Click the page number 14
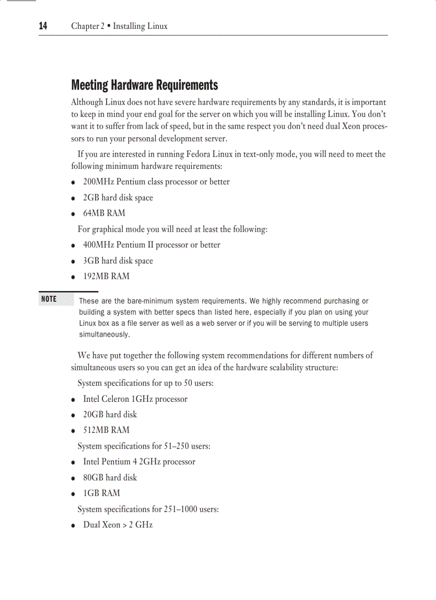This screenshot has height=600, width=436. point(43,26)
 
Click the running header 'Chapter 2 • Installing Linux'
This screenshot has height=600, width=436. point(119,26)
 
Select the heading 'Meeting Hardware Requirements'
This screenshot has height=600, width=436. point(144,85)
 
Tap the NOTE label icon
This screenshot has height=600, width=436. point(49,299)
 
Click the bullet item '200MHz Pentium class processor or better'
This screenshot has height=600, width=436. point(156,182)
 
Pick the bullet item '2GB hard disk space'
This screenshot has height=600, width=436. point(118,198)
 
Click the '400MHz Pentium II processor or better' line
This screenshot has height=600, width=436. point(151,245)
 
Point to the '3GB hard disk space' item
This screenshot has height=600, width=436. point(118,261)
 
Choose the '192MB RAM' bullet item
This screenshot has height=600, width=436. point(106,276)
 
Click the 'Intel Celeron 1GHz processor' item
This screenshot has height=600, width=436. point(135,399)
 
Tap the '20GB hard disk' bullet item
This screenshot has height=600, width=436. point(110,414)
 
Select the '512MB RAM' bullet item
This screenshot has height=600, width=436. point(106,430)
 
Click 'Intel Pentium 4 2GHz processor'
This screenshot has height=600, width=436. point(139,462)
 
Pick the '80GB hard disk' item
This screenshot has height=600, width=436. point(110,477)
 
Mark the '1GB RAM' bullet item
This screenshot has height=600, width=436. point(102,493)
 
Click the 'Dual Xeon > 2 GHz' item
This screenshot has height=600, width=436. point(118,525)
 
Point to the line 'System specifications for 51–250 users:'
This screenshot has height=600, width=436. point(144,446)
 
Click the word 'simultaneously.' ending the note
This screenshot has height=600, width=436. point(105,334)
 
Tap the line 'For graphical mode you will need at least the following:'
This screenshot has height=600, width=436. point(172,229)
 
